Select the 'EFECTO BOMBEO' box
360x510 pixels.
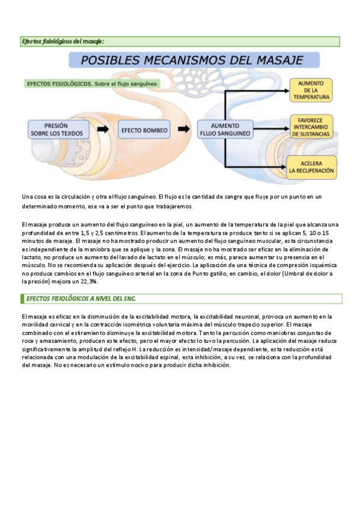tap(145, 129)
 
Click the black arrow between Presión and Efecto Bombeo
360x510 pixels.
tap(103, 129)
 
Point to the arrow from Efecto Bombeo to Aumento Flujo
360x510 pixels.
tap(183, 129)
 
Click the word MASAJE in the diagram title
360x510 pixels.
tap(271, 60)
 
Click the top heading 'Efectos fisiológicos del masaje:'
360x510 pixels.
tap(63, 41)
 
